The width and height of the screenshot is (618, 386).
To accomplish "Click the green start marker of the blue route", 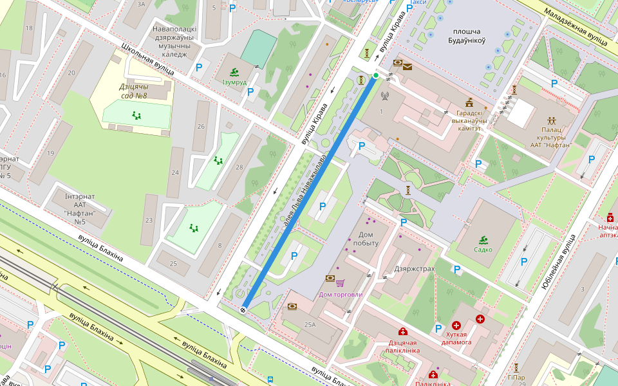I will click(x=376, y=76).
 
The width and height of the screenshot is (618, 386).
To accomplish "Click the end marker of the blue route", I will click(x=243, y=310).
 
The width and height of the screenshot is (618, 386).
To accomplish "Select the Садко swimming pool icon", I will click(x=483, y=240).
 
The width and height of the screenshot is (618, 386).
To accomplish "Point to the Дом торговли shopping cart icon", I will click(x=340, y=282).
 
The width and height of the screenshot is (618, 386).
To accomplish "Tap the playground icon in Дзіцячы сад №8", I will click(x=136, y=115).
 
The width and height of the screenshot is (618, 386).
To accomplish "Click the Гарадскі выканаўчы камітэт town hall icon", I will click(x=469, y=102).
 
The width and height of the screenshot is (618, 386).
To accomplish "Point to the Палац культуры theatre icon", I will click(x=552, y=120).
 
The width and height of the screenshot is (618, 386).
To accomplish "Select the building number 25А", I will click(x=311, y=325).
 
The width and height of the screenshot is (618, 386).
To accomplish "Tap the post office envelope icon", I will click(x=407, y=66).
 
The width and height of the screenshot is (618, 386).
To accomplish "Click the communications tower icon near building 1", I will click(x=385, y=97).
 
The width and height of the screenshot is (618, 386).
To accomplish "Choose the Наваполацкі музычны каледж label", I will click(x=174, y=41).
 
